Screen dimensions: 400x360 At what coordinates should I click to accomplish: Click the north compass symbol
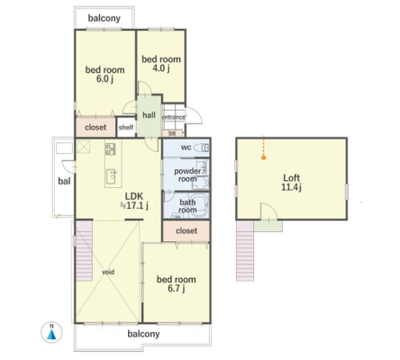pos(51,333)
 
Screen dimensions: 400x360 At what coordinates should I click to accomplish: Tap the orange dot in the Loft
pos(263,157)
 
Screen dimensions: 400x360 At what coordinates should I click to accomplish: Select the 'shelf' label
pos(126,127)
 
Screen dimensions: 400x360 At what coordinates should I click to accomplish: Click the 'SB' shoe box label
pos(172,134)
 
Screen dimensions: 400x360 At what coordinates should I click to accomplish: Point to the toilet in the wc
pos(202,148)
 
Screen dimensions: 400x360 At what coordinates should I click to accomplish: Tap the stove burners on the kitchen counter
pos(110,149)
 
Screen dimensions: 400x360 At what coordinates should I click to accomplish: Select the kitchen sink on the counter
pos(111,176)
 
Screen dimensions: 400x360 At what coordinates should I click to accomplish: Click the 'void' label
pos(108,272)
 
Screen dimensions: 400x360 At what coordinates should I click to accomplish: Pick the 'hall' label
pos(149,115)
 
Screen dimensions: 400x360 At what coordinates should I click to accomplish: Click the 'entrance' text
pos(174,117)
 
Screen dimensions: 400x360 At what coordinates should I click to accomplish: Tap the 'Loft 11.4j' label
pos(292,183)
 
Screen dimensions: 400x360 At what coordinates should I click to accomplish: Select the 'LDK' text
pos(134,196)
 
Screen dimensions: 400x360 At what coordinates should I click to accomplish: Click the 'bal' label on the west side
pos(64,181)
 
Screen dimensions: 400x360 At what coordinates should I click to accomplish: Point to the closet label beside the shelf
pos(95,127)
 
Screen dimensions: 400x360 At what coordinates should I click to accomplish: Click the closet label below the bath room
pos(186,230)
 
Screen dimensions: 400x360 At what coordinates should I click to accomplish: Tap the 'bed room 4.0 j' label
pos(161,64)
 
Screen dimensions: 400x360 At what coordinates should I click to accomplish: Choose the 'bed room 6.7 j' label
pos(177,283)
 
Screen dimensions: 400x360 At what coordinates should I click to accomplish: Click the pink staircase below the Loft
pos(245,250)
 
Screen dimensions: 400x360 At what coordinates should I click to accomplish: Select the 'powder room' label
pos(187,175)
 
